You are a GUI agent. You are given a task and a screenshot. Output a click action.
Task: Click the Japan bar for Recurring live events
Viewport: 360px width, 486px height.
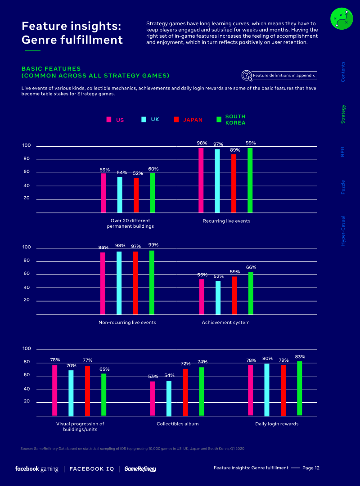234,183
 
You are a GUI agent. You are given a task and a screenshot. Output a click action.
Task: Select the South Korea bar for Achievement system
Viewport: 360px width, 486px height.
251,293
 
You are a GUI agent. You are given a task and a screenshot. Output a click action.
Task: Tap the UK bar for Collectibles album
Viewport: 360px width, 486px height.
169,398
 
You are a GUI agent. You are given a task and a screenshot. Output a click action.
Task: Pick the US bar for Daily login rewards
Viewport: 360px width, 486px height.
251,390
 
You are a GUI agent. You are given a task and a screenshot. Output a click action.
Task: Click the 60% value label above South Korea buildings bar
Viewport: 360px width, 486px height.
154,169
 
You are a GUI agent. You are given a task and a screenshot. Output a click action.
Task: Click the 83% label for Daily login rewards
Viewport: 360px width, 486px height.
300,357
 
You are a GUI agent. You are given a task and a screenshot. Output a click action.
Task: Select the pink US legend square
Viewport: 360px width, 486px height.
109,120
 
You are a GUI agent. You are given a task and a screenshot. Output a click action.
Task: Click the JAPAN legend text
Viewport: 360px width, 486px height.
193,120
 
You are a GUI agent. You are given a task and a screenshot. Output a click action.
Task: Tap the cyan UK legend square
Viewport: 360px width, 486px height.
144,119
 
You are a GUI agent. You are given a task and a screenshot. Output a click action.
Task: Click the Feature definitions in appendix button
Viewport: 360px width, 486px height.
279,75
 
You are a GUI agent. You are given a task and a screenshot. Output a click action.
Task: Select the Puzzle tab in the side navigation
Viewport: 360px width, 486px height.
343,187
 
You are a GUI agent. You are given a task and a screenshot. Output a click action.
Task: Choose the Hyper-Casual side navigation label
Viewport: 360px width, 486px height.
343,230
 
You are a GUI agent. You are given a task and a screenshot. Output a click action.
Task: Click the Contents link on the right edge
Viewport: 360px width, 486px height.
343,72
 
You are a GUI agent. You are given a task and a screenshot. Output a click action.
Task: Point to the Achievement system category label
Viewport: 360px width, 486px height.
225,323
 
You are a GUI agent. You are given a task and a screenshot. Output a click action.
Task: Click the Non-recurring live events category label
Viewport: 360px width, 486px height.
127,323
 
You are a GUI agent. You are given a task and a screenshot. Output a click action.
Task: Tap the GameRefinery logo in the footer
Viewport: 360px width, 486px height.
140,469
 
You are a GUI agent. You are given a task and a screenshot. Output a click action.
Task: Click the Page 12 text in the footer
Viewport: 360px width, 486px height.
311,468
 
